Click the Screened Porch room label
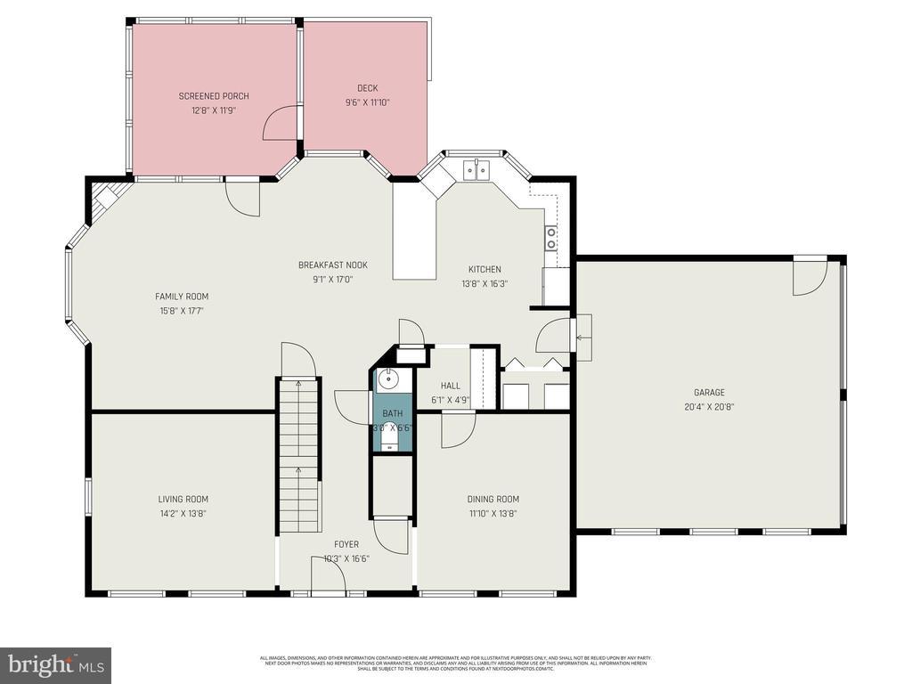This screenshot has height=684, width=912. pyautogui.click(x=214, y=96)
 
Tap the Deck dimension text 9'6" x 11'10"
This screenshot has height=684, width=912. pyautogui.click(x=368, y=102)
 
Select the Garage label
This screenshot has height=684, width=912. pyautogui.click(x=709, y=392)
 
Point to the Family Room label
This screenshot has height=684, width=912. pyautogui.click(x=182, y=297)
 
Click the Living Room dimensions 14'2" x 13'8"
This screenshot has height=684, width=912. pyautogui.click(x=183, y=514)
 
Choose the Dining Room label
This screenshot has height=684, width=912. pyautogui.click(x=493, y=499)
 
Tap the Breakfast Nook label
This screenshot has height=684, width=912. pyautogui.click(x=332, y=265)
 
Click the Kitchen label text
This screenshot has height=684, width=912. pyautogui.click(x=484, y=269)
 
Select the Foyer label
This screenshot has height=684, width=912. pyautogui.click(x=346, y=544)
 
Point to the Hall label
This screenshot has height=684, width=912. pyautogui.click(x=451, y=386)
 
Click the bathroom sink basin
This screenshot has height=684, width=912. pyautogui.click(x=387, y=381)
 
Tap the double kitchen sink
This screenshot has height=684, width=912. pyautogui.click(x=476, y=169)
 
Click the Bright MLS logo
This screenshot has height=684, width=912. pyautogui.click(x=55, y=664)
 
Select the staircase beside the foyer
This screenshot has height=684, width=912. pyautogui.click(x=298, y=454)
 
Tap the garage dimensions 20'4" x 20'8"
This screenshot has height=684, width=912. pyautogui.click(x=709, y=406)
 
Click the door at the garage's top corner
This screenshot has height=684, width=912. pyautogui.click(x=810, y=276)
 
